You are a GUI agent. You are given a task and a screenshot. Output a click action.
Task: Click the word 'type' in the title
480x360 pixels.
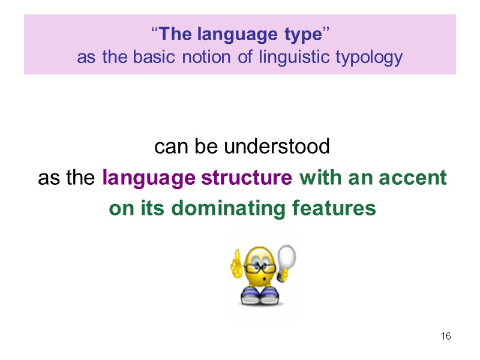click(303, 35)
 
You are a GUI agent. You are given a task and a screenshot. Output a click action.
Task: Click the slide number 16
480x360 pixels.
click(446, 336)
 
